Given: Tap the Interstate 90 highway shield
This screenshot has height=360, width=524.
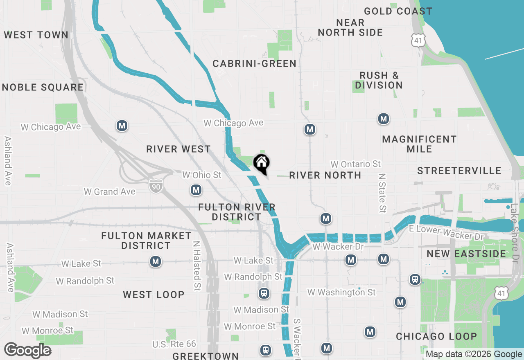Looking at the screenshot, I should (x=156, y=185).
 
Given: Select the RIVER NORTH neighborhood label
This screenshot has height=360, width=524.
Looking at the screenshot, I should (x=325, y=175).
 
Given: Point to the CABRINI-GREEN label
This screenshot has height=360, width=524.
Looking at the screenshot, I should (x=254, y=63).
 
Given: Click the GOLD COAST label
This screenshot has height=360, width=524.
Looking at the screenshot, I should (x=398, y=11).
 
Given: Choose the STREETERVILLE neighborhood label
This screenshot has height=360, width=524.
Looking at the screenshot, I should (x=459, y=171).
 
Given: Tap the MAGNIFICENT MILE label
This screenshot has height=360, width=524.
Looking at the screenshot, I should (x=419, y=144).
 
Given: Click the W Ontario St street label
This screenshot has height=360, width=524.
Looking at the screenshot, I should (x=355, y=164).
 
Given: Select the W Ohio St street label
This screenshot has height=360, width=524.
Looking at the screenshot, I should (x=201, y=175).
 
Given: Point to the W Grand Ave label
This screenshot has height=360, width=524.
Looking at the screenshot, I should (x=109, y=191).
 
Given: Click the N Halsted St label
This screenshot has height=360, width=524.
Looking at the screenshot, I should (x=197, y=265).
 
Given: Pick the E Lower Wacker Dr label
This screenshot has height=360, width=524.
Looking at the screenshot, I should (x=446, y=232).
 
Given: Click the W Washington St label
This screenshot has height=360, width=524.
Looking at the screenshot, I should (x=341, y=292).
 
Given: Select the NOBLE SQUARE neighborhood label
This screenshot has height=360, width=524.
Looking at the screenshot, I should (x=43, y=87).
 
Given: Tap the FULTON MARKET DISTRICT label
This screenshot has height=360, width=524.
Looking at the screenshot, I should (x=146, y=241).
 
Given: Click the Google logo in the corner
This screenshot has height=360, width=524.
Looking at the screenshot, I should (x=27, y=350).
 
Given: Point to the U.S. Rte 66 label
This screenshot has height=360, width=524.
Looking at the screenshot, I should (x=174, y=344).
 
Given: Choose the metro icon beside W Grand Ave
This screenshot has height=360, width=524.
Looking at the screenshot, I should (x=196, y=190).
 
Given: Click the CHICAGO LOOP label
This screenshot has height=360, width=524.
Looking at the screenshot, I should (x=436, y=336).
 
